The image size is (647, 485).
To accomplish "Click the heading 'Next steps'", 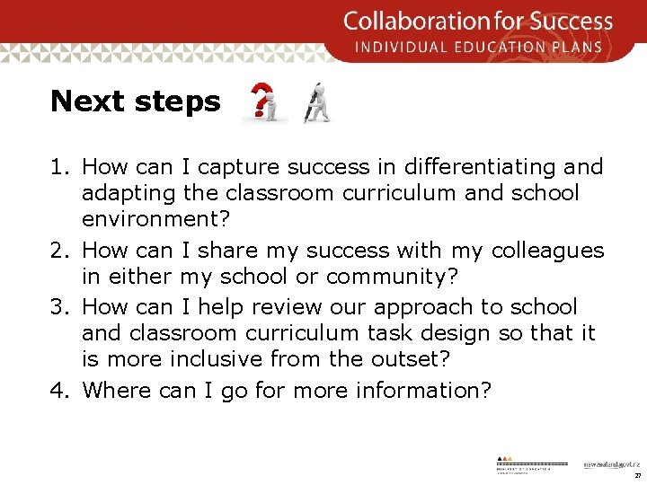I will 135,101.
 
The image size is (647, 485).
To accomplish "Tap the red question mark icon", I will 264,102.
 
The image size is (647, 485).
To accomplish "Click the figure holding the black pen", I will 316,102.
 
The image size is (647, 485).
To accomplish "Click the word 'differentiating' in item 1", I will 465,166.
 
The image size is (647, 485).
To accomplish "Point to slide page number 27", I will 636,475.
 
